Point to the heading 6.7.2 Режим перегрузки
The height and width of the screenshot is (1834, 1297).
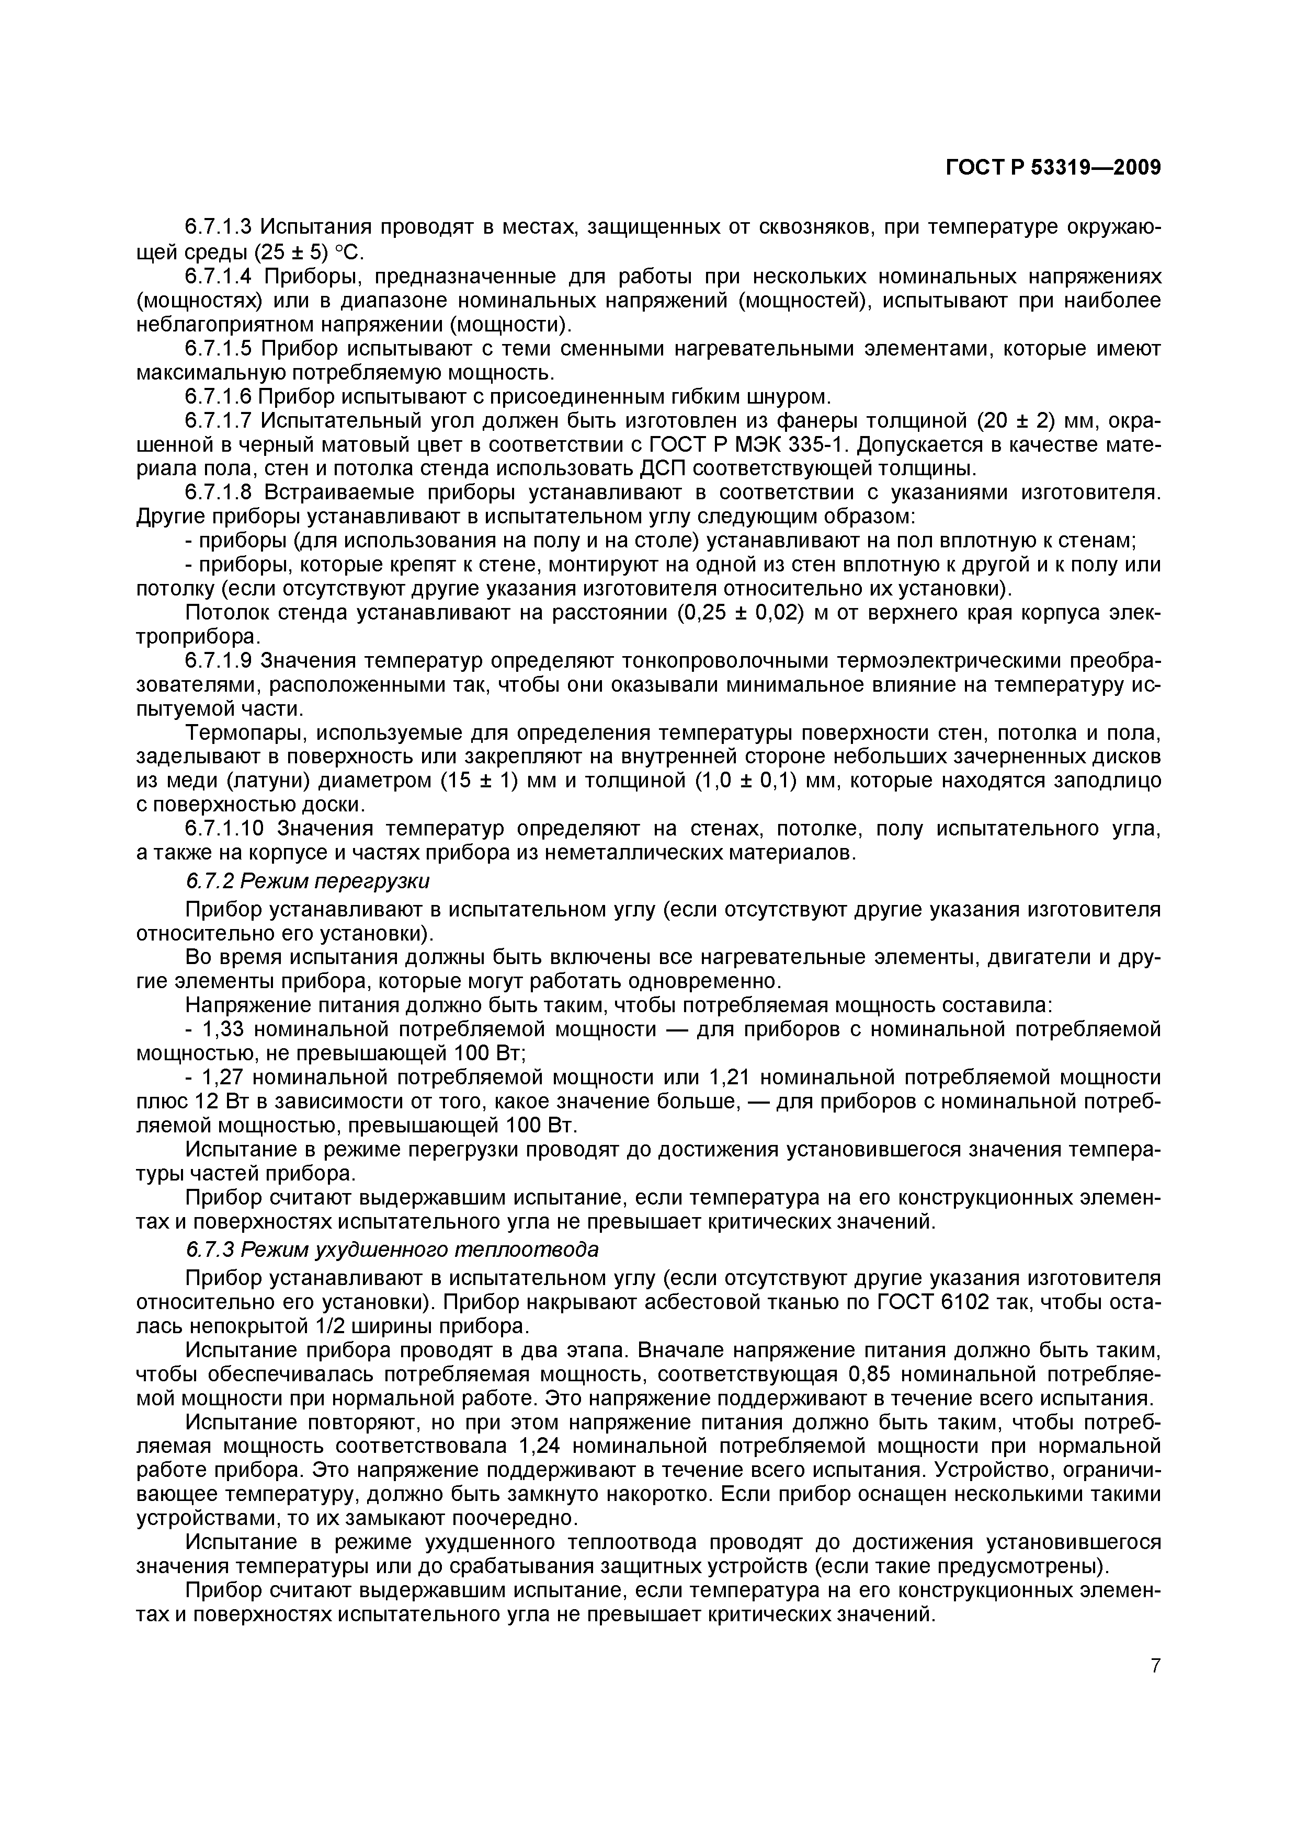coord(308,880)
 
